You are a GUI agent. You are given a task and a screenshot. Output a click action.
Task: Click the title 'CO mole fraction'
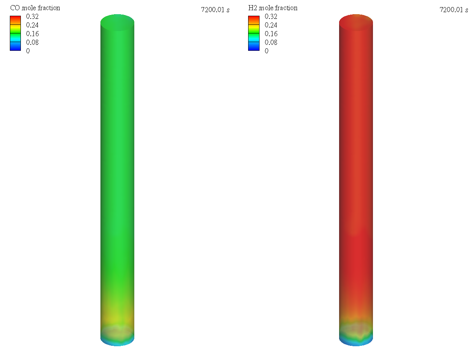coord(35,8)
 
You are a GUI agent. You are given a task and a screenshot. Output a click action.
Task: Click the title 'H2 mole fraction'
coord(273,8)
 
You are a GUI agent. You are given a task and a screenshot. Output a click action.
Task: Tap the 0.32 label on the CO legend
coord(32,17)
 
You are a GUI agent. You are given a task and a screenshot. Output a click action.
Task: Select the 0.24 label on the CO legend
coord(32,25)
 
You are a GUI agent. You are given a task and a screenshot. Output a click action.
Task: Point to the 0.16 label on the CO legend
coord(32,34)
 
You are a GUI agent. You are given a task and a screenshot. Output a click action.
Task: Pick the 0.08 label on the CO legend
coord(32,42)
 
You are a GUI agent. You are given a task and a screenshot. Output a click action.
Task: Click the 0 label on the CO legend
coord(28,51)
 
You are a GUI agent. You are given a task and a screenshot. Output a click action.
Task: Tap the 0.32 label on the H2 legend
coord(271,17)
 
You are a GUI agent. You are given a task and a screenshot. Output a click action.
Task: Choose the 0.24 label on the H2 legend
coord(271,25)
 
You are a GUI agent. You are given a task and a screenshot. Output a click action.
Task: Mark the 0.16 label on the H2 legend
coord(271,34)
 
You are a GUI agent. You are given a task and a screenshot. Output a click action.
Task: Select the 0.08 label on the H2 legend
coord(271,42)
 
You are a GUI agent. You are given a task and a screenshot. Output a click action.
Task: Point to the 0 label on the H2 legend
coord(267,51)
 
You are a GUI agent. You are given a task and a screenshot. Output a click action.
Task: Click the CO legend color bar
coord(15,33)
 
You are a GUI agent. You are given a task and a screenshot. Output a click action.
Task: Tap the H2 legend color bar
coord(254,33)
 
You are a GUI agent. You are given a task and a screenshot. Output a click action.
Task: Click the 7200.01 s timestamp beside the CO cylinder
coord(215,10)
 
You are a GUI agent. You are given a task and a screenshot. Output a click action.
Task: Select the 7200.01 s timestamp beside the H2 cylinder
coord(454,10)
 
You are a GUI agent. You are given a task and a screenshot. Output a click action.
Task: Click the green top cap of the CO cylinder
coord(117,22)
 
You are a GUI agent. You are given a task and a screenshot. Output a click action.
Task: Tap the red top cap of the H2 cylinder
coord(356,22)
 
